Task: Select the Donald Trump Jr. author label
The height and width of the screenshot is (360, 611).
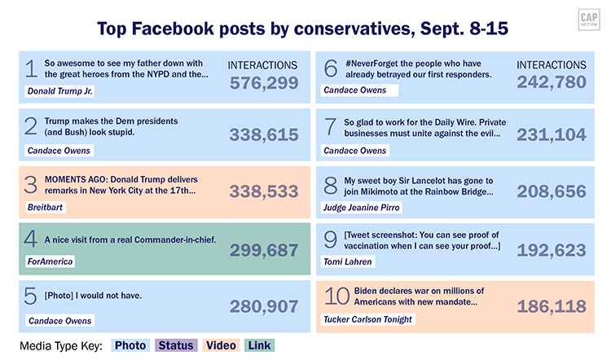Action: pyautogui.click(x=59, y=90)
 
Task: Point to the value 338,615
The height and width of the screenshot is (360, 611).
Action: pyautogui.click(x=264, y=135)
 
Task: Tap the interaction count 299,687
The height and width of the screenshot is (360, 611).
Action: pyautogui.click(x=264, y=250)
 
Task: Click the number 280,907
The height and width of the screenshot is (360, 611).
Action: pyautogui.click(x=264, y=307)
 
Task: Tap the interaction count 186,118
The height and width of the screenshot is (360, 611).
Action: pyautogui.click(x=552, y=306)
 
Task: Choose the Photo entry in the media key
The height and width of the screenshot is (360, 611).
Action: pyautogui.click(x=130, y=345)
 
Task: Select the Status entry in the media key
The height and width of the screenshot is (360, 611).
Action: pyautogui.click(x=176, y=345)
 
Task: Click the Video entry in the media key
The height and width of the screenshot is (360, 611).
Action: pyautogui.click(x=221, y=345)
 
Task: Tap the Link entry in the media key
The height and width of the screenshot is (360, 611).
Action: pyautogui.click(x=260, y=345)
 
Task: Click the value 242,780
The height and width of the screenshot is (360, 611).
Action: pyautogui.click(x=552, y=82)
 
